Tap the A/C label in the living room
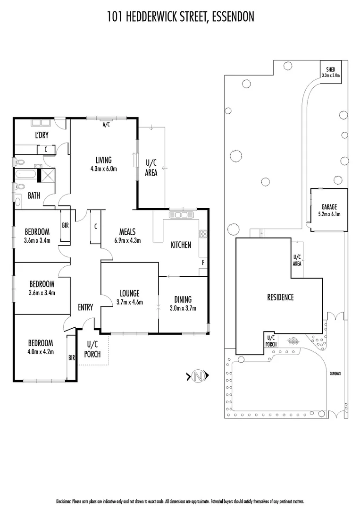coord(106,125)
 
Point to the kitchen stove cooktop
coord(203,235)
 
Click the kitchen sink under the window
coord(179,215)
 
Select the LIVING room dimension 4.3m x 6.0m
coord(104,168)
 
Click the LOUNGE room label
coord(129,293)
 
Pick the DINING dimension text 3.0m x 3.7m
coord(183,308)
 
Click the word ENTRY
coord(85,307)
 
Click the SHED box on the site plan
coord(331,72)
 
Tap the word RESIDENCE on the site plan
coord(280,297)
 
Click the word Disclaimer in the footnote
coord(64,501)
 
